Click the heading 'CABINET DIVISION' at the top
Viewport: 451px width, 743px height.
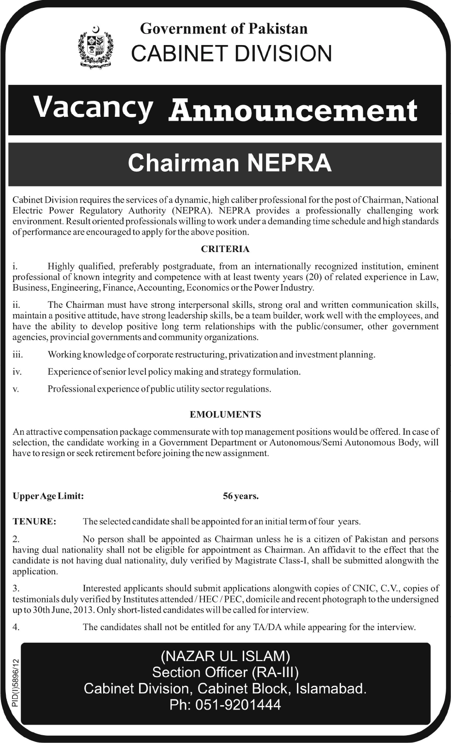click(x=232, y=53)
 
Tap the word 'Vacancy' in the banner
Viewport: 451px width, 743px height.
click(x=93, y=108)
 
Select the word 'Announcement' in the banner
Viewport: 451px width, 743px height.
click(x=293, y=111)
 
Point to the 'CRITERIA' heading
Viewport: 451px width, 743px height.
click(x=225, y=249)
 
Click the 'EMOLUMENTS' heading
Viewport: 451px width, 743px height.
click(x=225, y=414)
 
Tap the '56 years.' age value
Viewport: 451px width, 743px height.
click(x=241, y=496)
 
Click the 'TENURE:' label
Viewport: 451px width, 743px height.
click(x=34, y=522)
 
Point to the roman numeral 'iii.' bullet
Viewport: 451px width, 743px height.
click(x=18, y=355)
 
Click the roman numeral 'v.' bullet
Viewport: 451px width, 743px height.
click(x=16, y=389)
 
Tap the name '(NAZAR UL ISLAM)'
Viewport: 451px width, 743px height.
click(x=225, y=656)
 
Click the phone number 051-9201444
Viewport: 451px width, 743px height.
click(x=225, y=705)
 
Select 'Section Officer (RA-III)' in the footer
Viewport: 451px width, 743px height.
click(x=225, y=672)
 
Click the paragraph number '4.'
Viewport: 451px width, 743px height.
click(x=16, y=627)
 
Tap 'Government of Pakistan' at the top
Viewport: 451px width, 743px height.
click(x=224, y=29)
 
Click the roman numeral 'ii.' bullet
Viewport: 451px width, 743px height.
click(x=16, y=305)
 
